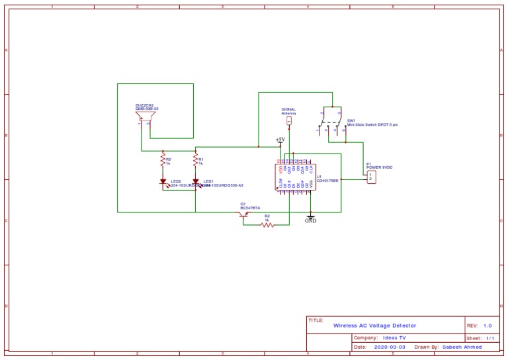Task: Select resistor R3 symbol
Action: (x=163, y=159)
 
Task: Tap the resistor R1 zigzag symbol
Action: (x=196, y=159)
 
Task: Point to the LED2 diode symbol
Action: (x=163, y=181)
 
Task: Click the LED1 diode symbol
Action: (x=196, y=181)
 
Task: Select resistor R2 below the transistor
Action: (x=267, y=225)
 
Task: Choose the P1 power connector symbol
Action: (x=370, y=177)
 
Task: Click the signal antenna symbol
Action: (x=289, y=120)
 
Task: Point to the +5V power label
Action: (x=280, y=140)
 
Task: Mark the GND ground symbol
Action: (x=310, y=218)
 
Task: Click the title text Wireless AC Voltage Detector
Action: (x=374, y=326)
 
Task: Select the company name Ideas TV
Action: (x=395, y=337)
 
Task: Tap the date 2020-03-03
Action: (x=390, y=346)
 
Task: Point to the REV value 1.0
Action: (x=487, y=326)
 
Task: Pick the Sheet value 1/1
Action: (x=491, y=337)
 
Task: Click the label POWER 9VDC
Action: (x=380, y=167)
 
